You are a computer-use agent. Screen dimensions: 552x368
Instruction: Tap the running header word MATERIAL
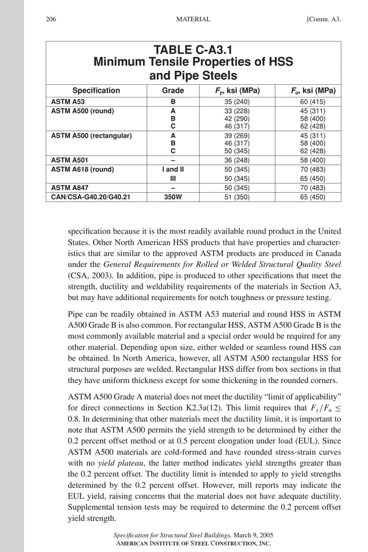(193, 20)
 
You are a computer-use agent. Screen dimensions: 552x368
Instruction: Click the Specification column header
(96, 91)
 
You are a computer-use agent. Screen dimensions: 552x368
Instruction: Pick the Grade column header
(173, 91)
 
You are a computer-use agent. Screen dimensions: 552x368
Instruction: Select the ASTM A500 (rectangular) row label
(91, 136)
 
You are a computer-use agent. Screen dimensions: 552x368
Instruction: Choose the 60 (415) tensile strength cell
(313, 102)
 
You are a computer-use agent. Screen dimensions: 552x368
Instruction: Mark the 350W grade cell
(173, 197)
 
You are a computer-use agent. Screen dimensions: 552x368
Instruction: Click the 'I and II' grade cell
(173, 170)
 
